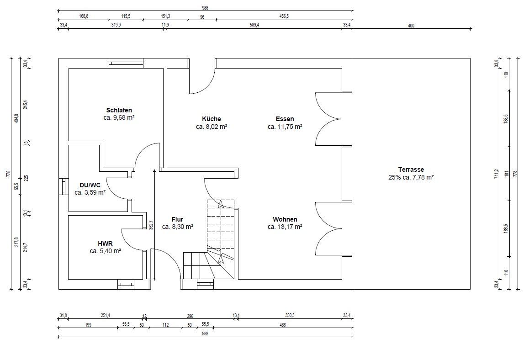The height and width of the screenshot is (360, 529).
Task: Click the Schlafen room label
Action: [119, 110]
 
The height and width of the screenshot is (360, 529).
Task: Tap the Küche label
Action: [212, 119]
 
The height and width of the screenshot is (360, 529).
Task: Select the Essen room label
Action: [285, 119]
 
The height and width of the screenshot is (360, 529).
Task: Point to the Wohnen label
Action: [285, 220]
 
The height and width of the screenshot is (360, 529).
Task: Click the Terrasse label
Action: [411, 169]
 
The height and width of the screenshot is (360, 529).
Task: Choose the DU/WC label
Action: [90, 185]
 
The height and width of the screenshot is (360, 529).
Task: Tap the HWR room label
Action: [105, 244]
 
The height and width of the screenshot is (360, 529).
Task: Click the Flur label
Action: [177, 220]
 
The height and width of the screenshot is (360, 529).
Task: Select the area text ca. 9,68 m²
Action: [119, 118]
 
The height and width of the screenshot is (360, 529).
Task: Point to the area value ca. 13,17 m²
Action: [285, 227]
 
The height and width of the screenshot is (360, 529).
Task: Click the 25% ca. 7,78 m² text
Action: [411, 177]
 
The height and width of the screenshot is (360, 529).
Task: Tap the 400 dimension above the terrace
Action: [411, 26]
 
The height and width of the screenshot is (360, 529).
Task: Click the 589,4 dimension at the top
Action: [254, 25]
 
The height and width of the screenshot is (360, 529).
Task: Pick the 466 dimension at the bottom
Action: [283, 325]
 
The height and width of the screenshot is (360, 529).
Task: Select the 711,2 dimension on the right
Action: [496, 174]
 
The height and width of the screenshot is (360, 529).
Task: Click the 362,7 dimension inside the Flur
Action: [151, 225]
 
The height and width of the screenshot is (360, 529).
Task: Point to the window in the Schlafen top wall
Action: [126, 63]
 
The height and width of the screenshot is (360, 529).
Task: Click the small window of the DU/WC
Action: [64, 186]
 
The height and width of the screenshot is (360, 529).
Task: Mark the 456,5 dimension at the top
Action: [284, 16]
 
